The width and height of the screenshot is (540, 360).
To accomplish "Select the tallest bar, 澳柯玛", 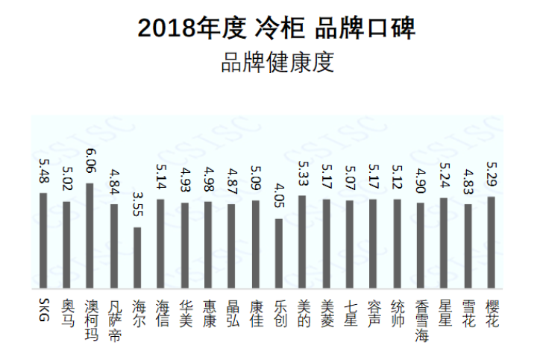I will pos(90,235).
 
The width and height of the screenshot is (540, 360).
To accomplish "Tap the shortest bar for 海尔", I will pos(136,257).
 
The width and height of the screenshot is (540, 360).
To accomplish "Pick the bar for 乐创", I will pos(278,253).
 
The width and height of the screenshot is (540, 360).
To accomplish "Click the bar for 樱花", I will pos(491,241).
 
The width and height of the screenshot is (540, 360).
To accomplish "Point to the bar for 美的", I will pos(302,241).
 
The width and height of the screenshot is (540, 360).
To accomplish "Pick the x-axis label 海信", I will pos(161,312).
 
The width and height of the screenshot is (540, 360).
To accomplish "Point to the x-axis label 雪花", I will pos(468,312).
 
